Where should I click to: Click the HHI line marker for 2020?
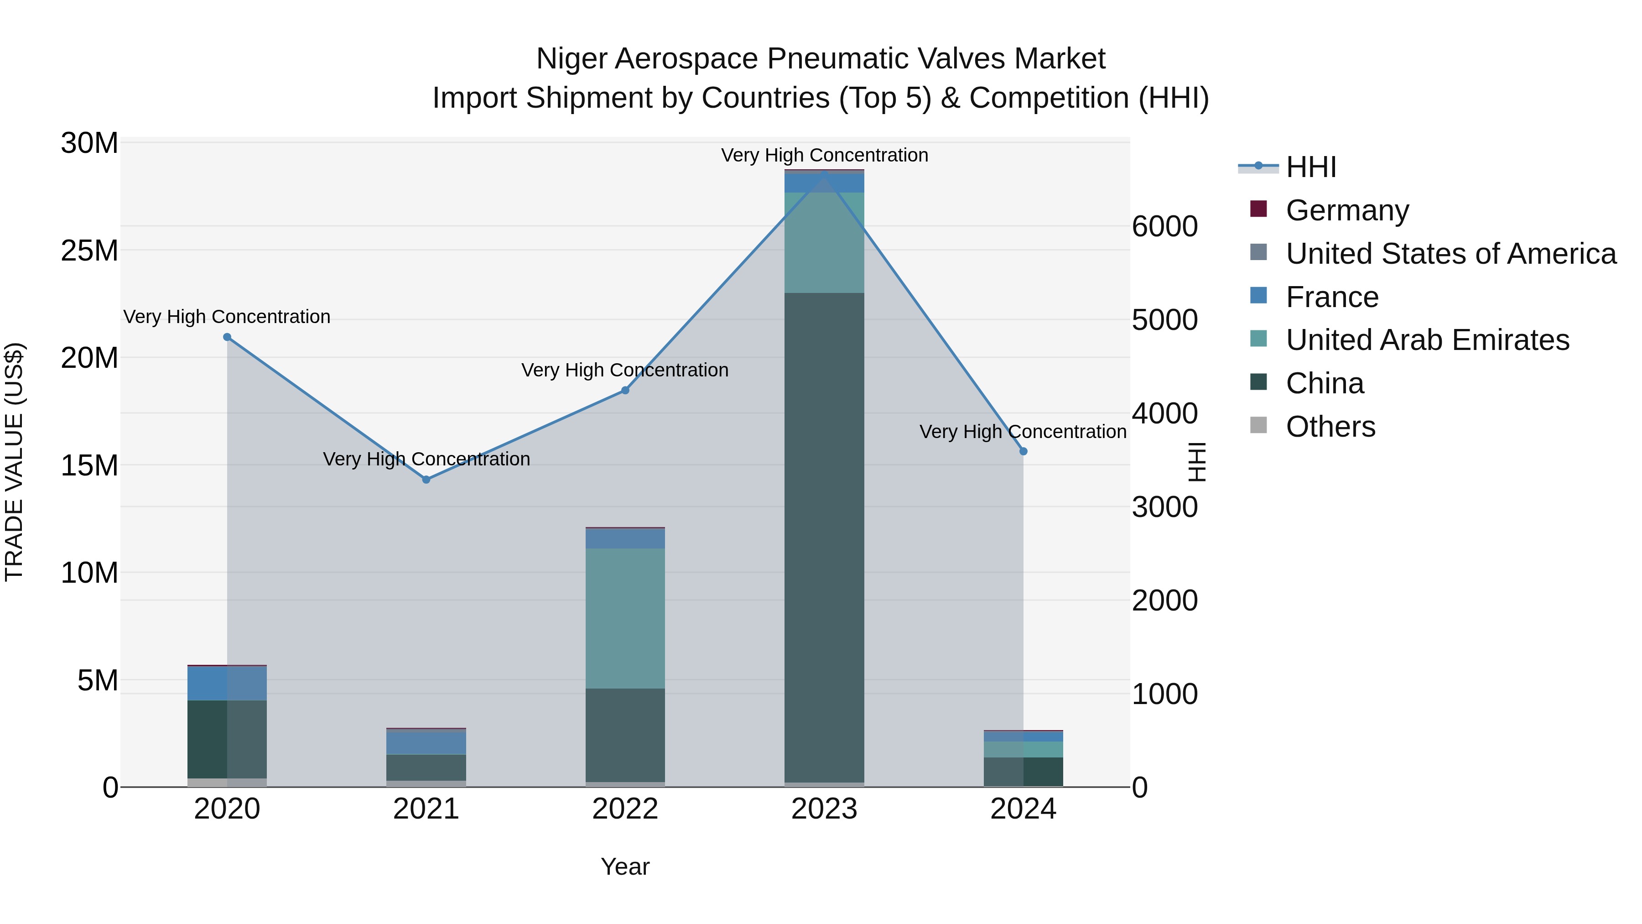click(227, 337)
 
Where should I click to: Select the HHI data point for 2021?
click(426, 480)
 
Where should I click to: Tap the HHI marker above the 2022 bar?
click(625, 390)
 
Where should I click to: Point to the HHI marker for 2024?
click(1023, 451)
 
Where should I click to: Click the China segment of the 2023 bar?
click(824, 536)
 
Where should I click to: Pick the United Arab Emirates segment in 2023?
click(824, 242)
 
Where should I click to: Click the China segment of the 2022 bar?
click(625, 733)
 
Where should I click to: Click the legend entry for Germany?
click(1346, 210)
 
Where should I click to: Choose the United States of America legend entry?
click(1450, 253)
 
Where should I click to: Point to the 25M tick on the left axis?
click(89, 251)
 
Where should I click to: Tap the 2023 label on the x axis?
click(824, 809)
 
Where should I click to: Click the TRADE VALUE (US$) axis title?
click(14, 462)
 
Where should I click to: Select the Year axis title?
click(625, 867)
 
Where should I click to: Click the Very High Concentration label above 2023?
click(824, 155)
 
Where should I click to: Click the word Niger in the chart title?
click(571, 59)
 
